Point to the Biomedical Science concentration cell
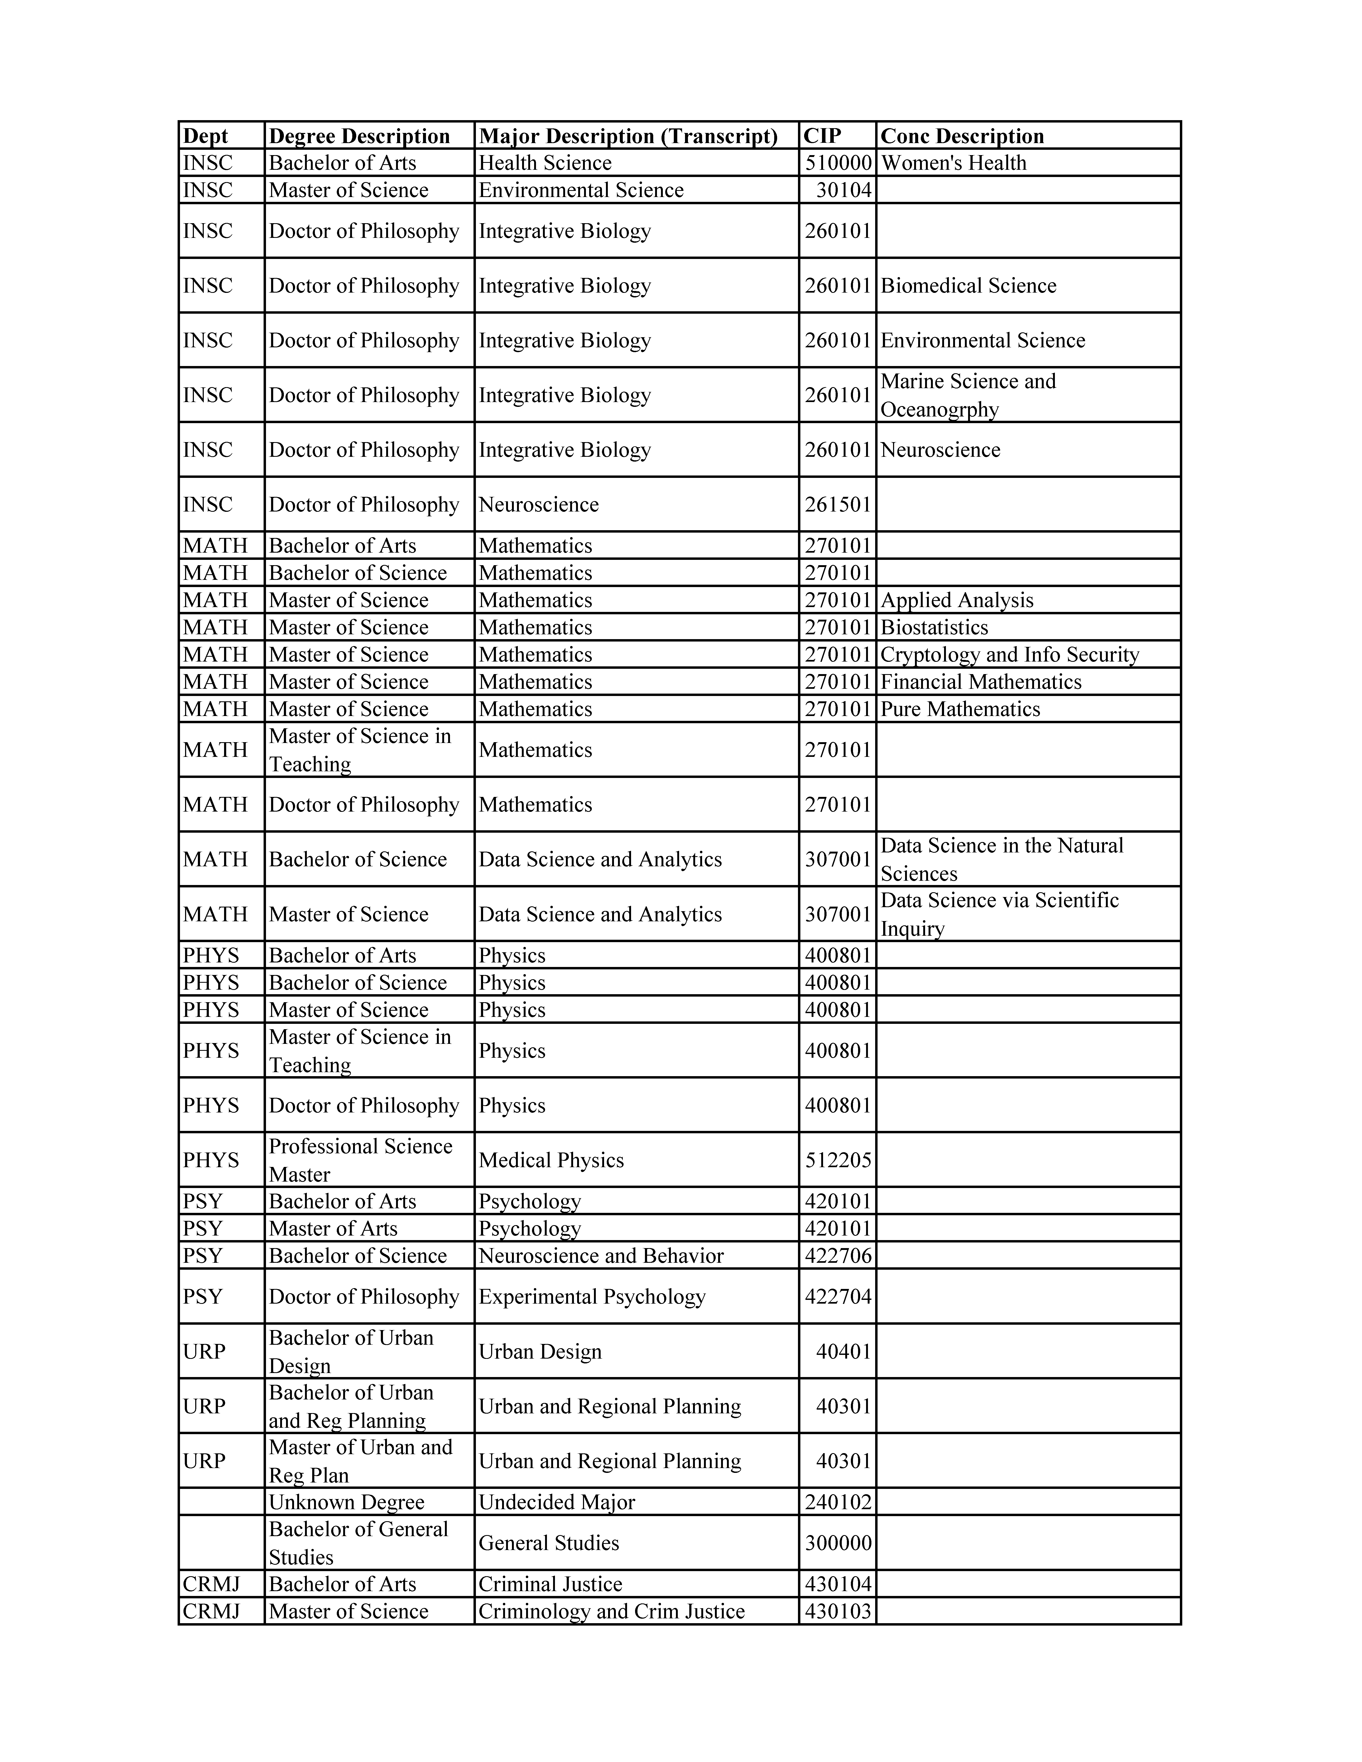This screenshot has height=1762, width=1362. coord(968,286)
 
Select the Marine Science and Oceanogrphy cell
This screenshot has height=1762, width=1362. coord(968,395)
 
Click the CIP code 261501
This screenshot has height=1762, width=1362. coord(837,505)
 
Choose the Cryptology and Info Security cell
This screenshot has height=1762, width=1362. coord(1009,654)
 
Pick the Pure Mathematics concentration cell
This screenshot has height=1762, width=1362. coord(960,709)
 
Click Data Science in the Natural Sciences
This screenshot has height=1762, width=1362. coord(1001,859)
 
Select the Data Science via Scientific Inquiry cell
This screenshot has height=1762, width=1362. coord(999,914)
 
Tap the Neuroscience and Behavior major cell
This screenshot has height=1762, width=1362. coord(601,1255)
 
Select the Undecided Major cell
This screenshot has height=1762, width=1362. coord(557,1502)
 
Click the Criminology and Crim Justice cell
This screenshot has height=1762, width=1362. coord(612,1611)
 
